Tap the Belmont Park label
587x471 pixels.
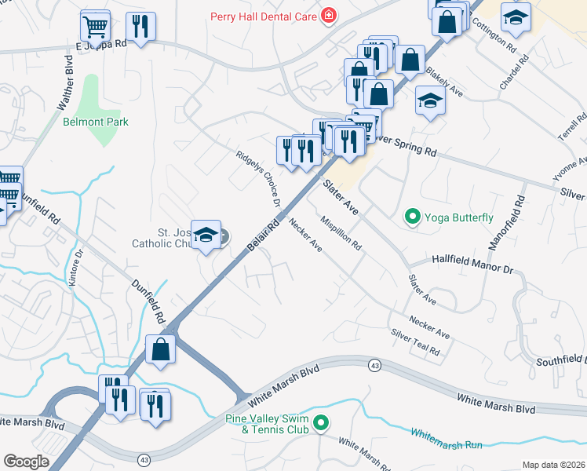pos(95,122)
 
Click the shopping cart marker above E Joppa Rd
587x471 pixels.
pos(95,27)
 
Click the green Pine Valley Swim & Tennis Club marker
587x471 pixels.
pos(320,424)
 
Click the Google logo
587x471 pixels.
pos(26,462)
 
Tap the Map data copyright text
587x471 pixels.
pos(553,465)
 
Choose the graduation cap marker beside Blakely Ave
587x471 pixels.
pos(429,100)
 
